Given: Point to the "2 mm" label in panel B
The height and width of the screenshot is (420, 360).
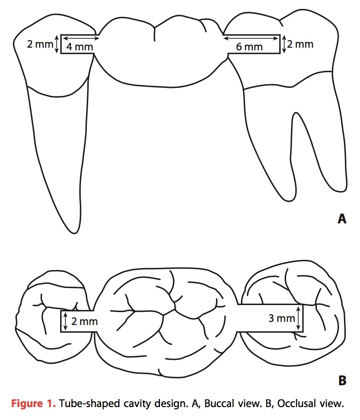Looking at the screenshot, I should pyautogui.click(x=84, y=321).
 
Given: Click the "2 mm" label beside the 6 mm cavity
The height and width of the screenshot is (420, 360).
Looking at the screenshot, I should pyautogui.click(x=301, y=44).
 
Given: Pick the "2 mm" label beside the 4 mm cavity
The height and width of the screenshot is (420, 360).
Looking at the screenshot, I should pyautogui.click(x=39, y=44).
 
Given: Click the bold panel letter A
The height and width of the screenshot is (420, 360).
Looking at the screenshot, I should pyautogui.click(x=342, y=219).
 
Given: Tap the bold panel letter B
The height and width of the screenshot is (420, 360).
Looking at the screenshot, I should pyautogui.click(x=342, y=381).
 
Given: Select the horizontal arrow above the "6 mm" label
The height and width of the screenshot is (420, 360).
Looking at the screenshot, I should pyautogui.click(x=252, y=38).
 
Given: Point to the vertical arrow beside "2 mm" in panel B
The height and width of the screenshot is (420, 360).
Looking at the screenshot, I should pyautogui.click(x=66, y=321).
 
